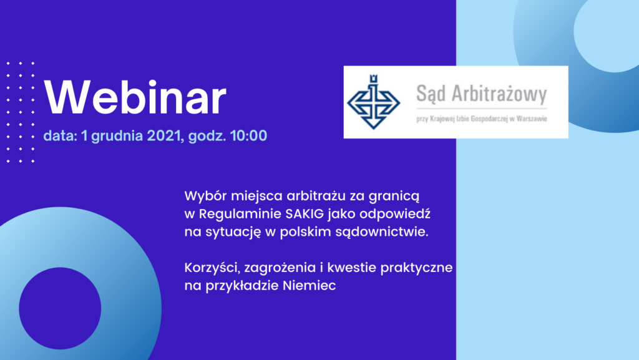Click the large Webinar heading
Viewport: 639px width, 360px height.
click(x=135, y=98)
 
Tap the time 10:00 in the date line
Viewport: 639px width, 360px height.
click(x=248, y=135)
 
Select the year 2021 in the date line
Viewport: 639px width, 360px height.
click(x=165, y=135)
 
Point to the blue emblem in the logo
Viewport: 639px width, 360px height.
click(x=373, y=102)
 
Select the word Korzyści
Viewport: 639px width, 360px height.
click(x=212, y=268)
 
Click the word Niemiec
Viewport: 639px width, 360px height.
click(x=310, y=286)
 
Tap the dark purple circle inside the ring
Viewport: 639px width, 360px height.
click(x=60, y=308)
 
